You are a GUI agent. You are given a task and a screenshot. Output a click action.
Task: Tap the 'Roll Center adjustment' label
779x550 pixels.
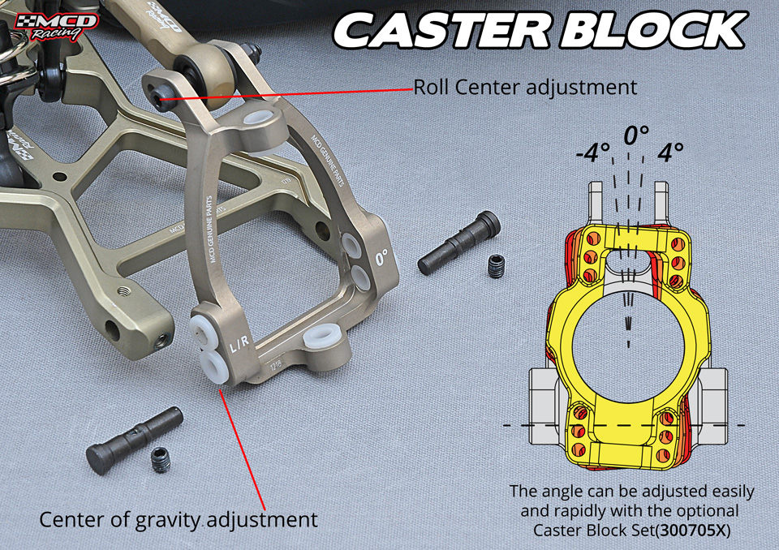click(x=525, y=87)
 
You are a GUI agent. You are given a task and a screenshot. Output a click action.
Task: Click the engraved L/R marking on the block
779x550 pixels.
click(x=240, y=345)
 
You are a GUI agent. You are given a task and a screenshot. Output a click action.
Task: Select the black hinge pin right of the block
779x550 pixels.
click(x=459, y=243)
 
